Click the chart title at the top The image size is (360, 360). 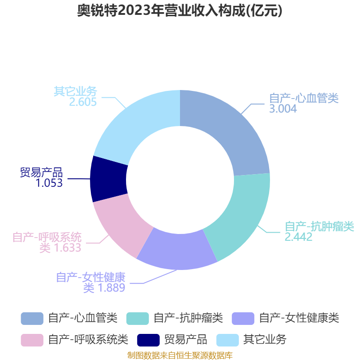(x=180, y=10)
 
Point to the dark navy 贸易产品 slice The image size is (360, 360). (x=108, y=179)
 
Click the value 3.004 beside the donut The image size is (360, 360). (x=283, y=108)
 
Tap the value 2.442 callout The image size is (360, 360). (x=298, y=237)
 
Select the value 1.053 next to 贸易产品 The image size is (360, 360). (x=49, y=183)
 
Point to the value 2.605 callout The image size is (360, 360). (x=83, y=102)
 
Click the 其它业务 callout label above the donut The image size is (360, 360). (x=75, y=91)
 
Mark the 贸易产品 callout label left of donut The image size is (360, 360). (x=41, y=172)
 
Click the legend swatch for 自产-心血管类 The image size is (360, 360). (x=32, y=319)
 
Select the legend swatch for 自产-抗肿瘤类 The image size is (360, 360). (x=138, y=319)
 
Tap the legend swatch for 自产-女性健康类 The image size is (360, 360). (x=243, y=319)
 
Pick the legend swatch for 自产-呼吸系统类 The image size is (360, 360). (x=32, y=340)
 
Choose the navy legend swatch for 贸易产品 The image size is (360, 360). (x=148, y=340)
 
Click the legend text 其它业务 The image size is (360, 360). (x=265, y=340)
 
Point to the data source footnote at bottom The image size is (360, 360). (x=180, y=355)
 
